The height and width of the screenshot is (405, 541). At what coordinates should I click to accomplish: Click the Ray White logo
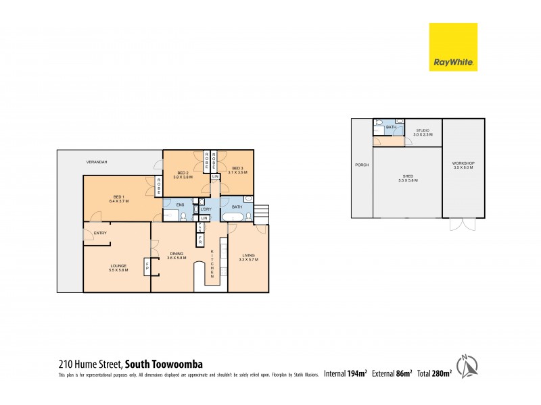453,47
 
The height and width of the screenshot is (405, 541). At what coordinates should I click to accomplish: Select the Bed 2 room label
183,175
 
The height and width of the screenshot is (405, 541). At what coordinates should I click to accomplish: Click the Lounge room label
118,268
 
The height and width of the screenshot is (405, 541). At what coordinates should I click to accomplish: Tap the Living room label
249,257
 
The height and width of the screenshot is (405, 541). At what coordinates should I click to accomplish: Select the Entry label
100,234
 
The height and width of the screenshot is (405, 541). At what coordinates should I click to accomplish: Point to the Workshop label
463,165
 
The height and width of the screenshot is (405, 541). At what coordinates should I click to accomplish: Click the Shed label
407,178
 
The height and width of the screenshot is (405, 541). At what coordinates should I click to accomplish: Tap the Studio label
423,132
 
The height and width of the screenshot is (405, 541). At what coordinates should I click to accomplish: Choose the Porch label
361,165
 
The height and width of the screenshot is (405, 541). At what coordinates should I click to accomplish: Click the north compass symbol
465,366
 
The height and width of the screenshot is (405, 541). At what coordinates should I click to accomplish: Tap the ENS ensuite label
180,204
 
